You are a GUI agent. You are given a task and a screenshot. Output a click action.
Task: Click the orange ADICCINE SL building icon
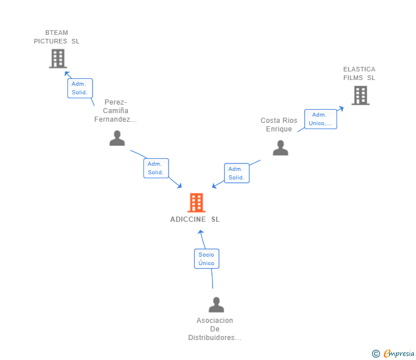196,202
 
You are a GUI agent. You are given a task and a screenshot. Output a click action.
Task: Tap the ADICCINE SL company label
195,219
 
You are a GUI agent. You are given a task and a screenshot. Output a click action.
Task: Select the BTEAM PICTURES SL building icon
58,58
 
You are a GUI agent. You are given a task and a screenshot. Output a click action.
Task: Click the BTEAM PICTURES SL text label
57,37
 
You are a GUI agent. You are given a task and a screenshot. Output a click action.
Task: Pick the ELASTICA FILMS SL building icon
360,95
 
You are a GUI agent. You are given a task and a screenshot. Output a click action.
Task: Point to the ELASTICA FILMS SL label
359,74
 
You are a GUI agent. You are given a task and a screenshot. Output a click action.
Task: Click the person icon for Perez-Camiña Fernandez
117,138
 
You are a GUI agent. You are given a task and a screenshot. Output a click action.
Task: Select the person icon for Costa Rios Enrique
280,148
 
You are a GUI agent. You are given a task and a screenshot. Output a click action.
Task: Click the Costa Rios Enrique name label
279,125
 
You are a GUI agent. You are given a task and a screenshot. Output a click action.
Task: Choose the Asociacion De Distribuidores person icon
216,305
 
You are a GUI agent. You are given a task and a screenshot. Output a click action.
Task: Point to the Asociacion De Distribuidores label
215,329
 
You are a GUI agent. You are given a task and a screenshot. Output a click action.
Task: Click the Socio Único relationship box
206,259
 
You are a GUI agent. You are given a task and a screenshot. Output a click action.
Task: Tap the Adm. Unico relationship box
321,119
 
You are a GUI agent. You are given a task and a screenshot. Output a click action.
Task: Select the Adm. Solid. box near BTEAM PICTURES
79,88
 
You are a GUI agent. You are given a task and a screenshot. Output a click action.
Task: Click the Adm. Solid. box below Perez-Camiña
156,168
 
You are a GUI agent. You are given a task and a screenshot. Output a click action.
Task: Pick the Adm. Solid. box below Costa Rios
236,173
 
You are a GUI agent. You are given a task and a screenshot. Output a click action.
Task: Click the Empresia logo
399,354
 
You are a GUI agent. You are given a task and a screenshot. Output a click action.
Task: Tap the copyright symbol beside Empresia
375,354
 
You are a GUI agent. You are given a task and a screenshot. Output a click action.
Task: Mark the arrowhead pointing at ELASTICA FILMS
341,107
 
